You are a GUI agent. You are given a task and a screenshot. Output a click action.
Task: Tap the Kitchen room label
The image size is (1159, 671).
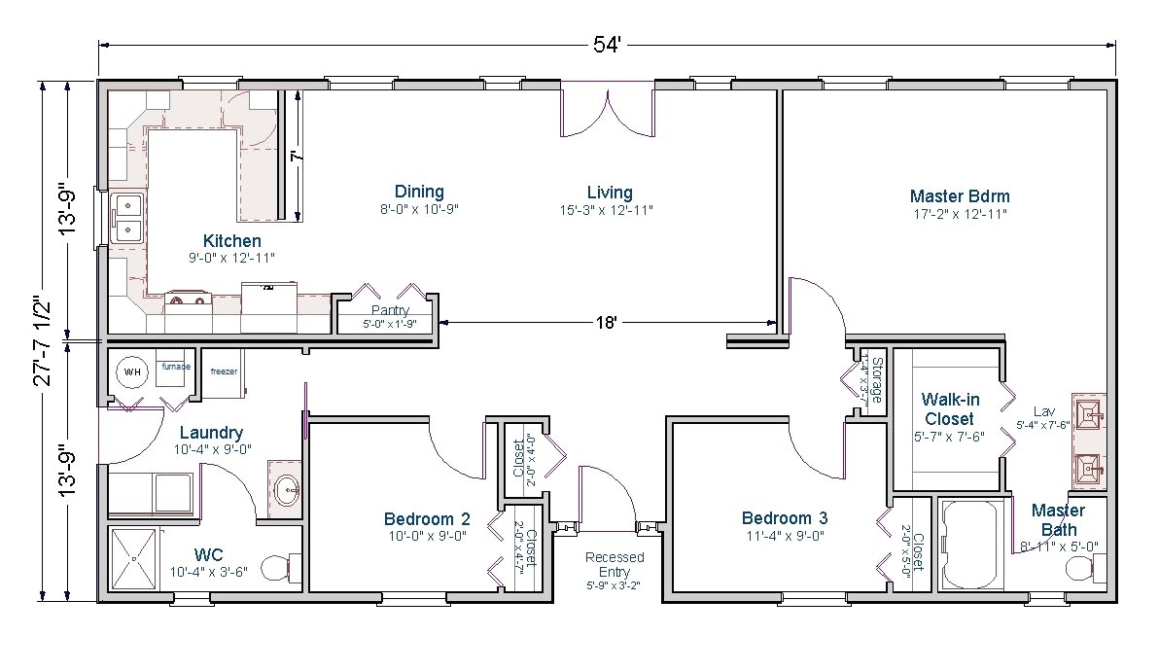tap(231, 241)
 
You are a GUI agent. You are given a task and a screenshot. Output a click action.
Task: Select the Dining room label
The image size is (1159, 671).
tap(419, 192)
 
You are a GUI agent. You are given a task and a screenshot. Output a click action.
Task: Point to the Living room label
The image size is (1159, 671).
tap(610, 192)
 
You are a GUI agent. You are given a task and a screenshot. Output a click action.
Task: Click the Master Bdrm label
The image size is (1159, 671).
tap(960, 195)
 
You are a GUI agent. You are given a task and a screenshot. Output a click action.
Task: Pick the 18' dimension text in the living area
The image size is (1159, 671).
tap(608, 322)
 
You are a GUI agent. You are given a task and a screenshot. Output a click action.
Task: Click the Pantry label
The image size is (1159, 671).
tap(389, 310)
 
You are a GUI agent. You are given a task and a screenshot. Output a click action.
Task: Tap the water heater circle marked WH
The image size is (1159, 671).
tap(131, 371)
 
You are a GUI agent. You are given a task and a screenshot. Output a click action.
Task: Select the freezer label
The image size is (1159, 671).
tap(224, 371)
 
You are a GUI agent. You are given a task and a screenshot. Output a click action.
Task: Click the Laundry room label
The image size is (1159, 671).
tap(211, 433)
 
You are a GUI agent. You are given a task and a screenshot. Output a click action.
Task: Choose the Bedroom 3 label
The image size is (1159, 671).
tap(785, 517)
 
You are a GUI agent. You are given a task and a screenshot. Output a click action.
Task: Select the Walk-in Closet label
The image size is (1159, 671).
tap(949, 408)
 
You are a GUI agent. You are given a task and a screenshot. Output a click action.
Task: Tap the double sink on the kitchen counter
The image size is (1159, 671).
tap(127, 219)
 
